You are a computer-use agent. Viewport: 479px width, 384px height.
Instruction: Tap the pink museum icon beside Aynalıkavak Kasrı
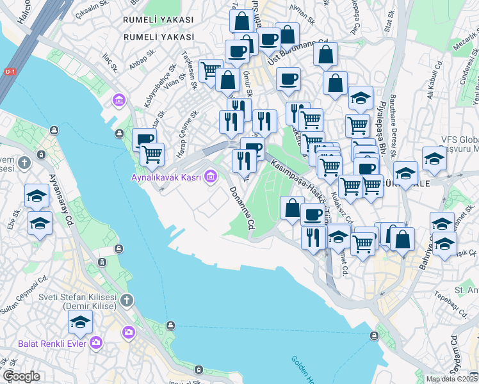point(210,177)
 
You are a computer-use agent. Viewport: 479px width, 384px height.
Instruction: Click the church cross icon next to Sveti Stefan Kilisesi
point(127,300)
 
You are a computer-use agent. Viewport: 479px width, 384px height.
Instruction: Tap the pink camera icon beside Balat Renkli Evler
point(96,342)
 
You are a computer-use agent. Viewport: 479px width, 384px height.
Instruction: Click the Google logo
point(21,376)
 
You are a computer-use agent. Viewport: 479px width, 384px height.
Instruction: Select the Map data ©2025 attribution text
point(452,379)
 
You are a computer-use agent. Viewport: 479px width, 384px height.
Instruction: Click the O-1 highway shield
point(10,72)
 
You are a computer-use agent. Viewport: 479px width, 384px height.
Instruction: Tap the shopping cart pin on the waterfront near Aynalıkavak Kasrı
point(152,154)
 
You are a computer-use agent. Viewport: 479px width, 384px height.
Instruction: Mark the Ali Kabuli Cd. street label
point(435,80)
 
